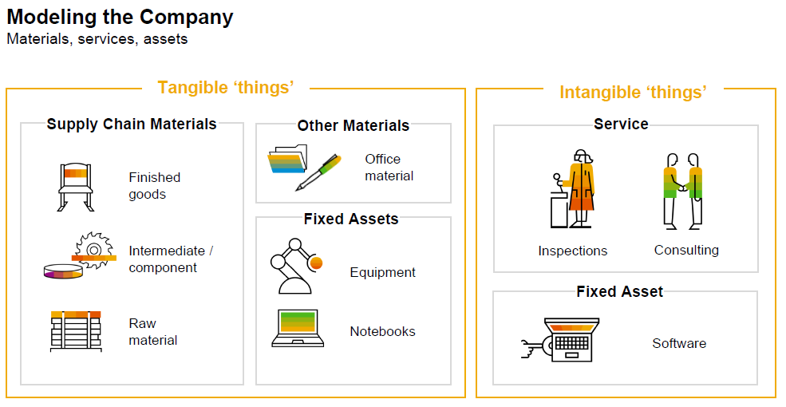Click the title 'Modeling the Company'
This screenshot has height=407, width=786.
[120, 17]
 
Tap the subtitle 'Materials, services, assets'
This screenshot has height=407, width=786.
[97, 39]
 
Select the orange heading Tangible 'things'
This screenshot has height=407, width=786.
[226, 88]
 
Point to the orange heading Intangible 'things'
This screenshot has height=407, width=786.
[633, 93]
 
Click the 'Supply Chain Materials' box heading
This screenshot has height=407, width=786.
[132, 124]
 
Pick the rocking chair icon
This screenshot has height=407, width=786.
[76, 187]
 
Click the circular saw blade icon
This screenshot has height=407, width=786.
[93, 250]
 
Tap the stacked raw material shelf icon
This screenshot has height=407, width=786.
[76, 331]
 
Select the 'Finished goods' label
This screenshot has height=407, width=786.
[154, 186]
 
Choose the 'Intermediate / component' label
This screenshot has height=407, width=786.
[171, 259]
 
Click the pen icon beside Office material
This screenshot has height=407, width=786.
[318, 172]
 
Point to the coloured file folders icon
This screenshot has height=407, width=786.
[287, 159]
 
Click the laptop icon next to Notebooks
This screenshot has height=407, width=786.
[298, 328]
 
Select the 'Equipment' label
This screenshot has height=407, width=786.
[382, 272]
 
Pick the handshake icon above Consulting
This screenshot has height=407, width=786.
[683, 191]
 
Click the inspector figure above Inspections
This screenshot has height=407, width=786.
[573, 188]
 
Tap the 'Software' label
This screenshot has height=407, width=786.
[679, 343]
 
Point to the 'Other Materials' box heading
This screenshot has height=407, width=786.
[354, 125]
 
